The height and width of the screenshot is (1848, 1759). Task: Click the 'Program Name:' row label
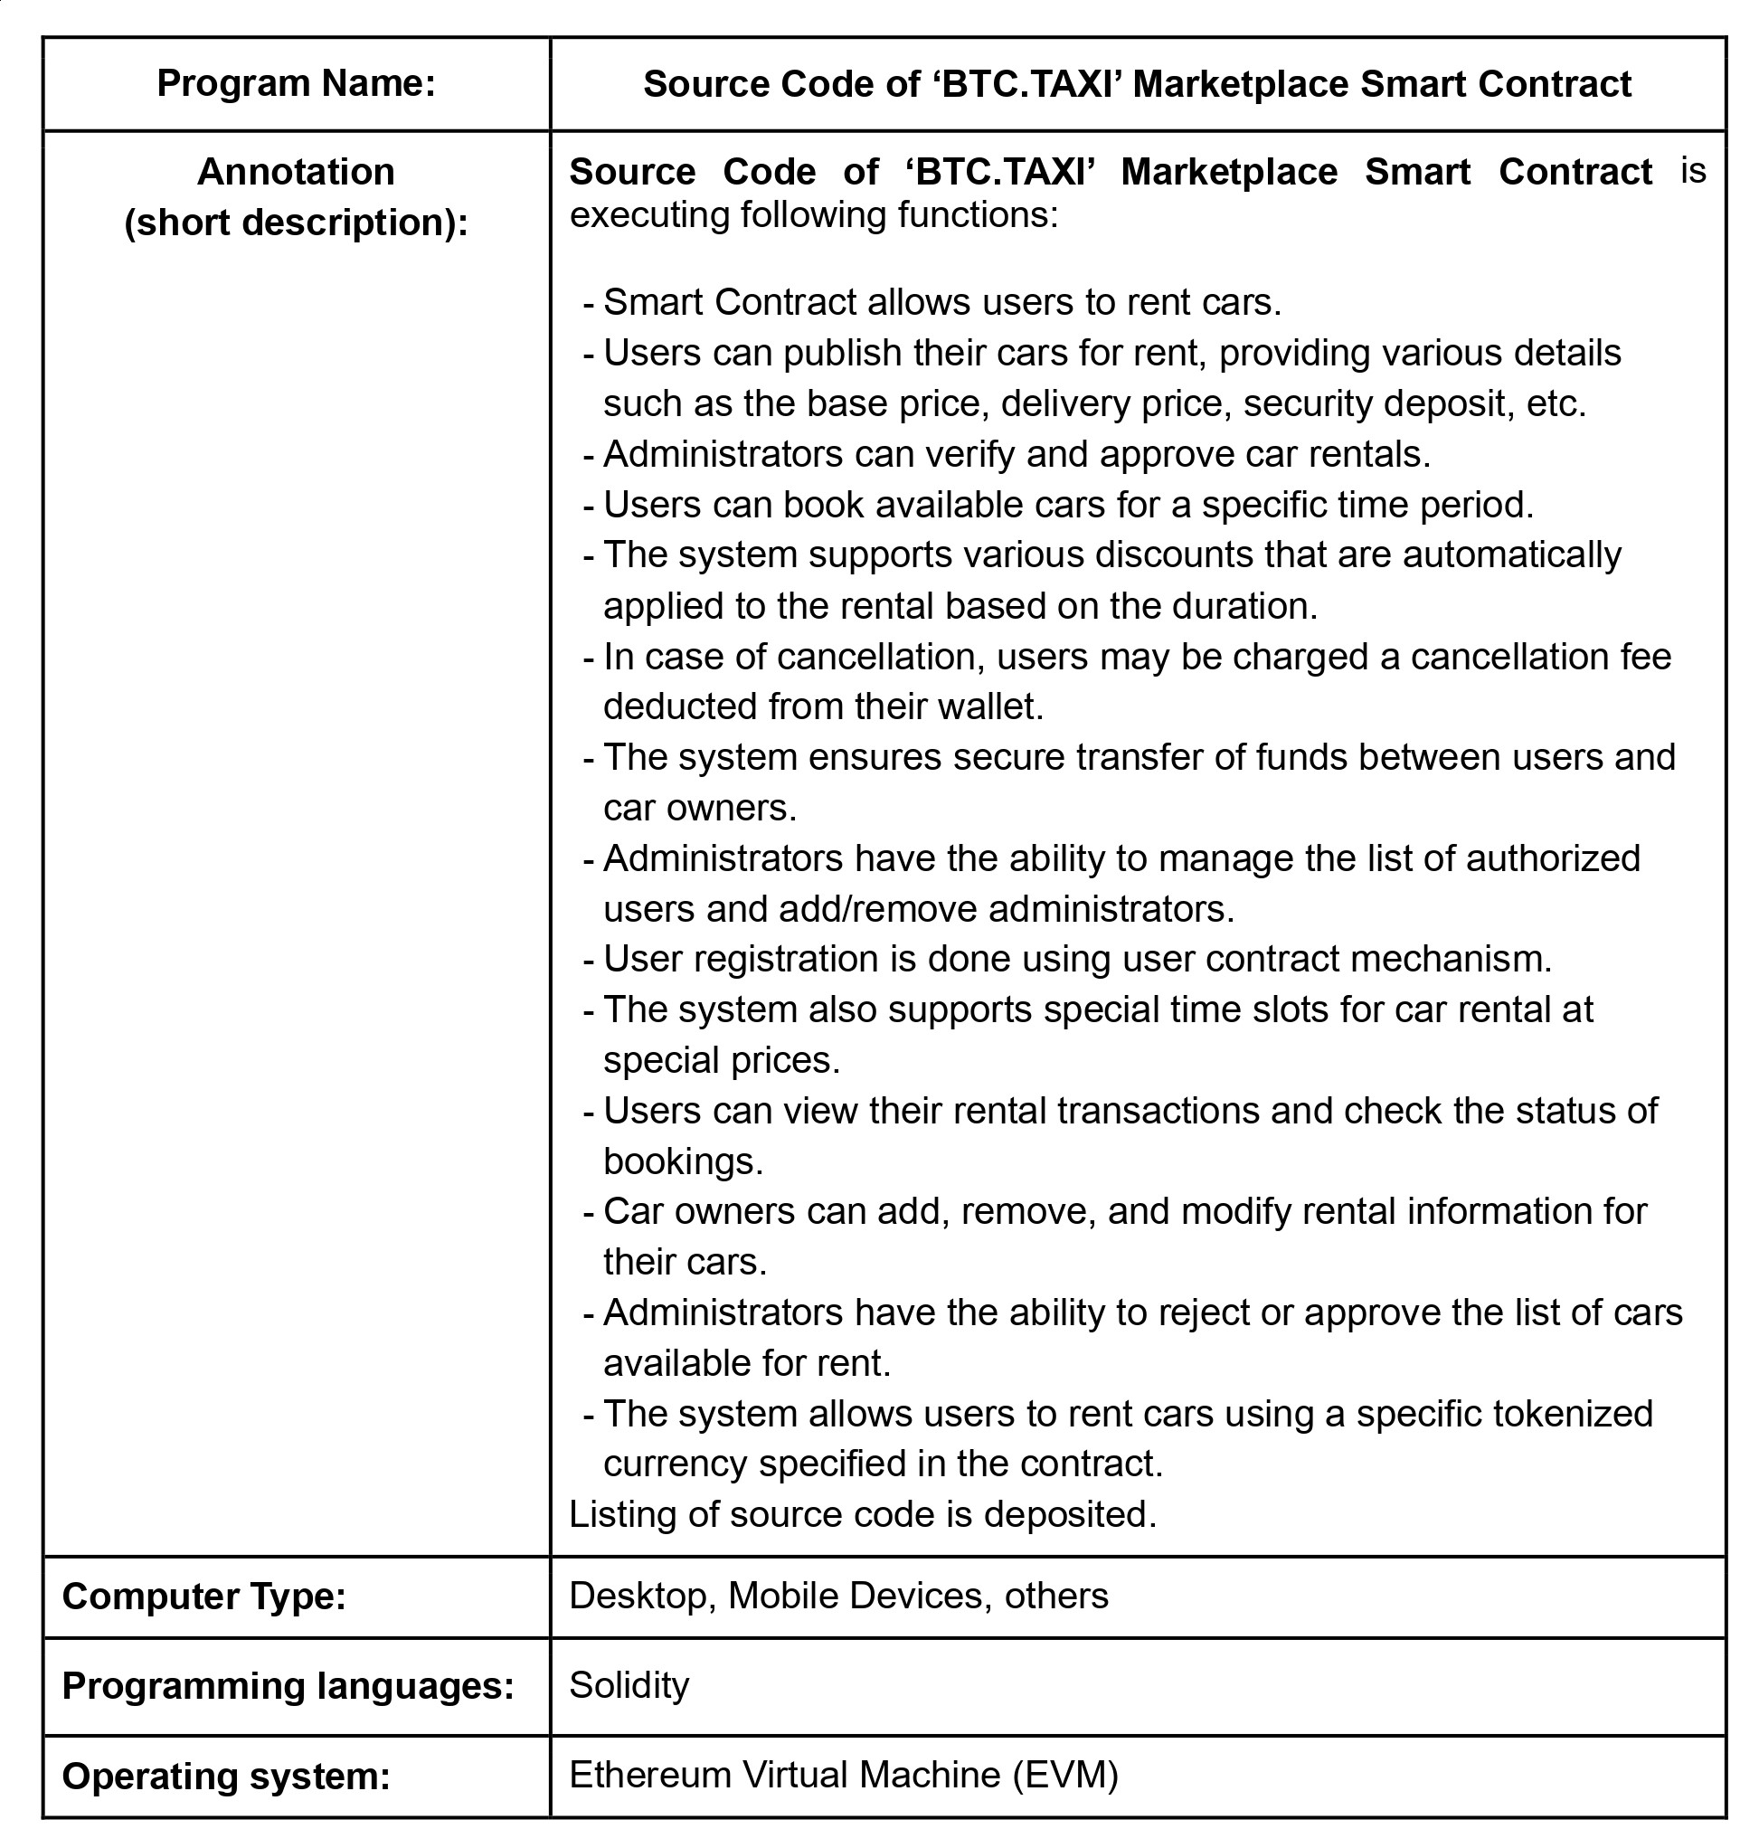pyautogui.click(x=297, y=83)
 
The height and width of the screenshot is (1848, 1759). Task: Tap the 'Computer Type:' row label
pyautogui.click(x=204, y=1595)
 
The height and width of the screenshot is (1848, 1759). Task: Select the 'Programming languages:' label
pyautogui.click(x=288, y=1685)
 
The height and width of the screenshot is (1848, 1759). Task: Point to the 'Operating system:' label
pyautogui.click(x=226, y=1776)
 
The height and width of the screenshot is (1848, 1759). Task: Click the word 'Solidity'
pyautogui.click(x=629, y=1685)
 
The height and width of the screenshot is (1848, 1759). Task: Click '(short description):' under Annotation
pyautogui.click(x=297, y=223)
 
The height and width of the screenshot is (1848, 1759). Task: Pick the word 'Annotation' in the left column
pyautogui.click(x=297, y=172)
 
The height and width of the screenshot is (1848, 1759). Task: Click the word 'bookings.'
pyautogui.click(x=684, y=1161)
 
